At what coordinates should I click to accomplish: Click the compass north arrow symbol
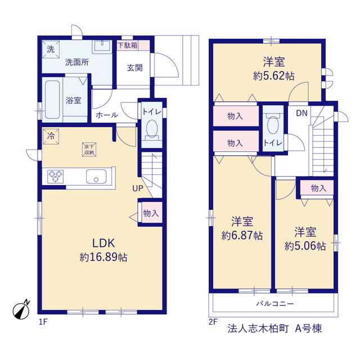click(21, 310)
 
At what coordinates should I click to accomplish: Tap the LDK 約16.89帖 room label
click(103, 250)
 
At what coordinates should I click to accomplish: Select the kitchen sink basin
click(96, 177)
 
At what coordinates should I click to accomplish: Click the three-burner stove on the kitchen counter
click(55, 177)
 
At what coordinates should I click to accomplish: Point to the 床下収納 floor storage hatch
click(89, 150)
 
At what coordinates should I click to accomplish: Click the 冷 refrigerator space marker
click(51, 136)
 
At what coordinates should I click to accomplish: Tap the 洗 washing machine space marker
click(51, 49)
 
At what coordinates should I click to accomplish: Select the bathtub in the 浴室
click(52, 100)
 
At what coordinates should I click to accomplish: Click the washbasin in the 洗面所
click(102, 47)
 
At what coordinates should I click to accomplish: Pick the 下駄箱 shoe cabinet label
click(128, 45)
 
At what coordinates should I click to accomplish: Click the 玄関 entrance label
click(134, 68)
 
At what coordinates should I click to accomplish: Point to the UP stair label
click(137, 188)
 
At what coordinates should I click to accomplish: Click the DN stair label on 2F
click(301, 113)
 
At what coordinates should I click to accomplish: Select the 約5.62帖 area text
click(274, 76)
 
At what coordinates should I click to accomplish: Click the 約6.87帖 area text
click(242, 236)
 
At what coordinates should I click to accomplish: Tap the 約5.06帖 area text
click(305, 246)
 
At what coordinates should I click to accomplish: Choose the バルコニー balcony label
click(275, 304)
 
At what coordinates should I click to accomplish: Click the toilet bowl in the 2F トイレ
click(273, 125)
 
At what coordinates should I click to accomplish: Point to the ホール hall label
click(107, 115)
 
